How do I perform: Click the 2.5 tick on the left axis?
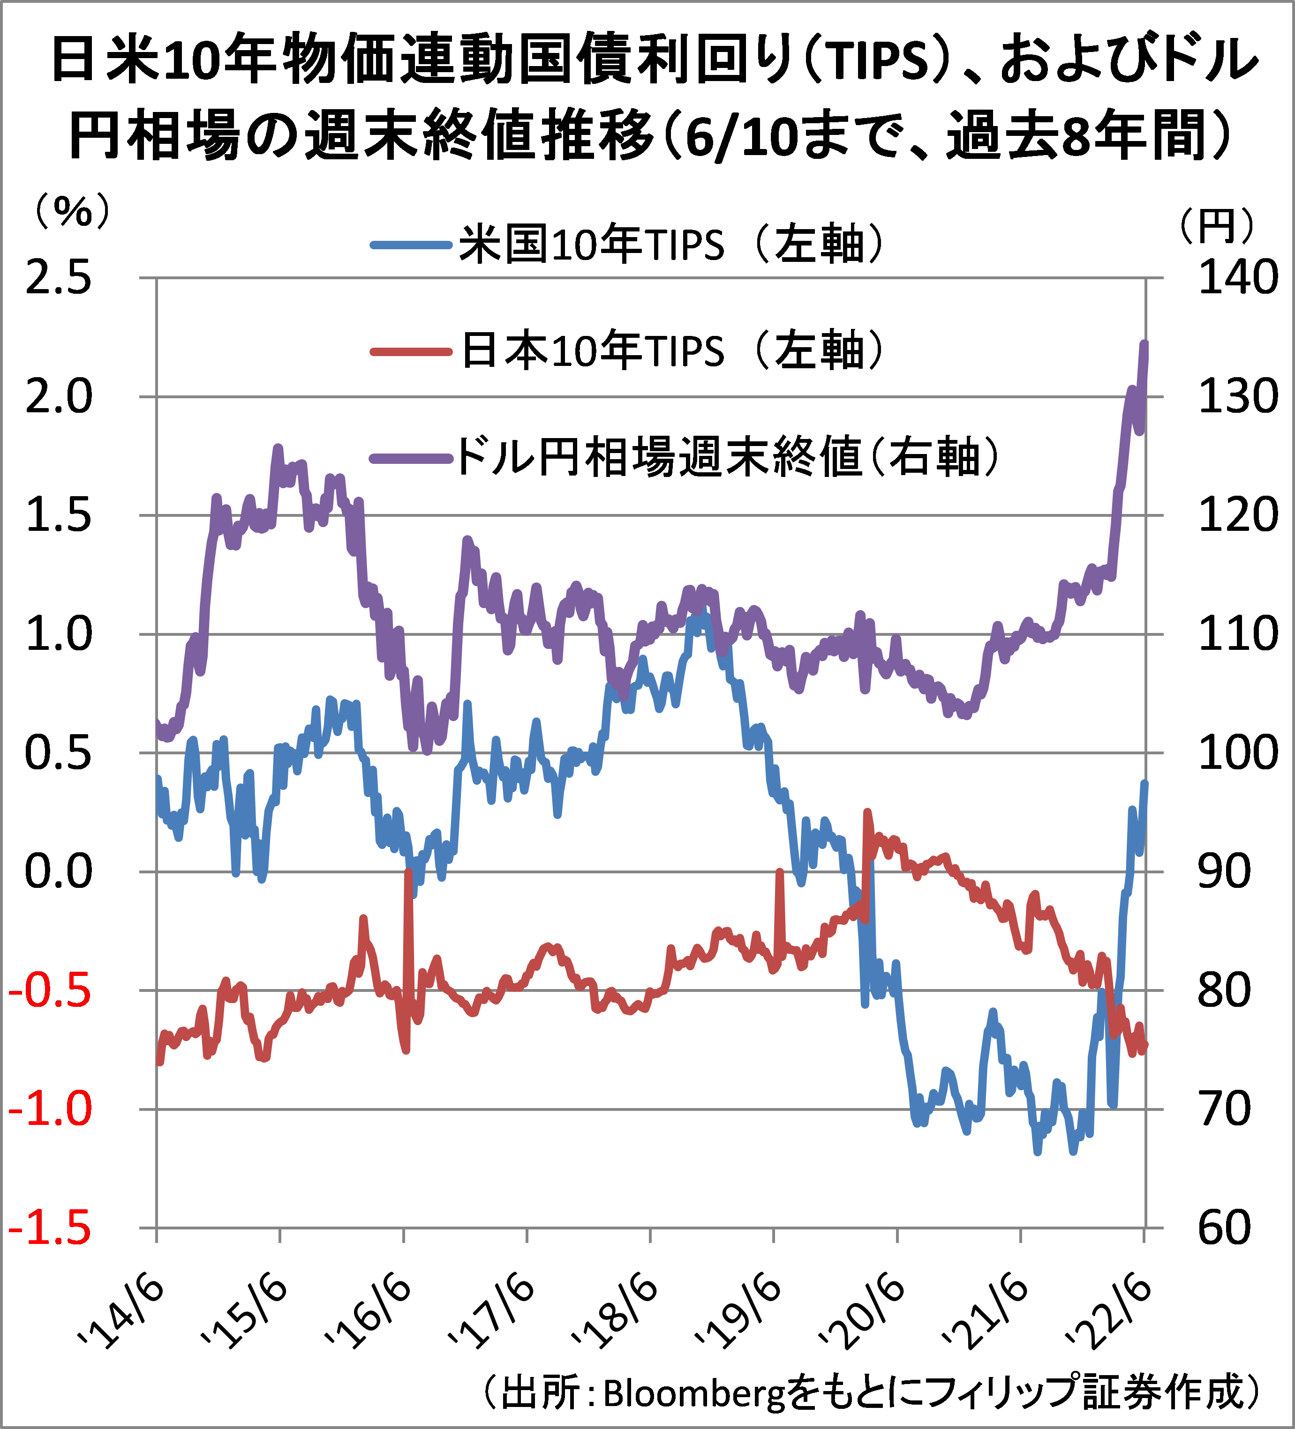tap(59, 277)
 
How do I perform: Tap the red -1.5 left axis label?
tap(50, 1228)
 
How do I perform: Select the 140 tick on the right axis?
tap(1237, 277)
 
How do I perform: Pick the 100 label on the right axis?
tap(1237, 753)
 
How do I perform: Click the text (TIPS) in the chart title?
tap(880, 61)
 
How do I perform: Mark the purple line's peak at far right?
tap(1144, 344)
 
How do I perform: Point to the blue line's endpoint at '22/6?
tap(1144, 782)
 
